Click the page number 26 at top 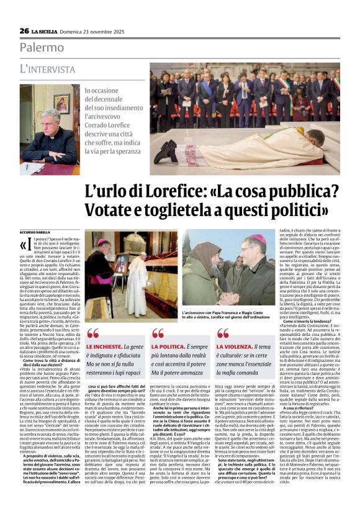[24, 30]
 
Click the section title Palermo [42, 47]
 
